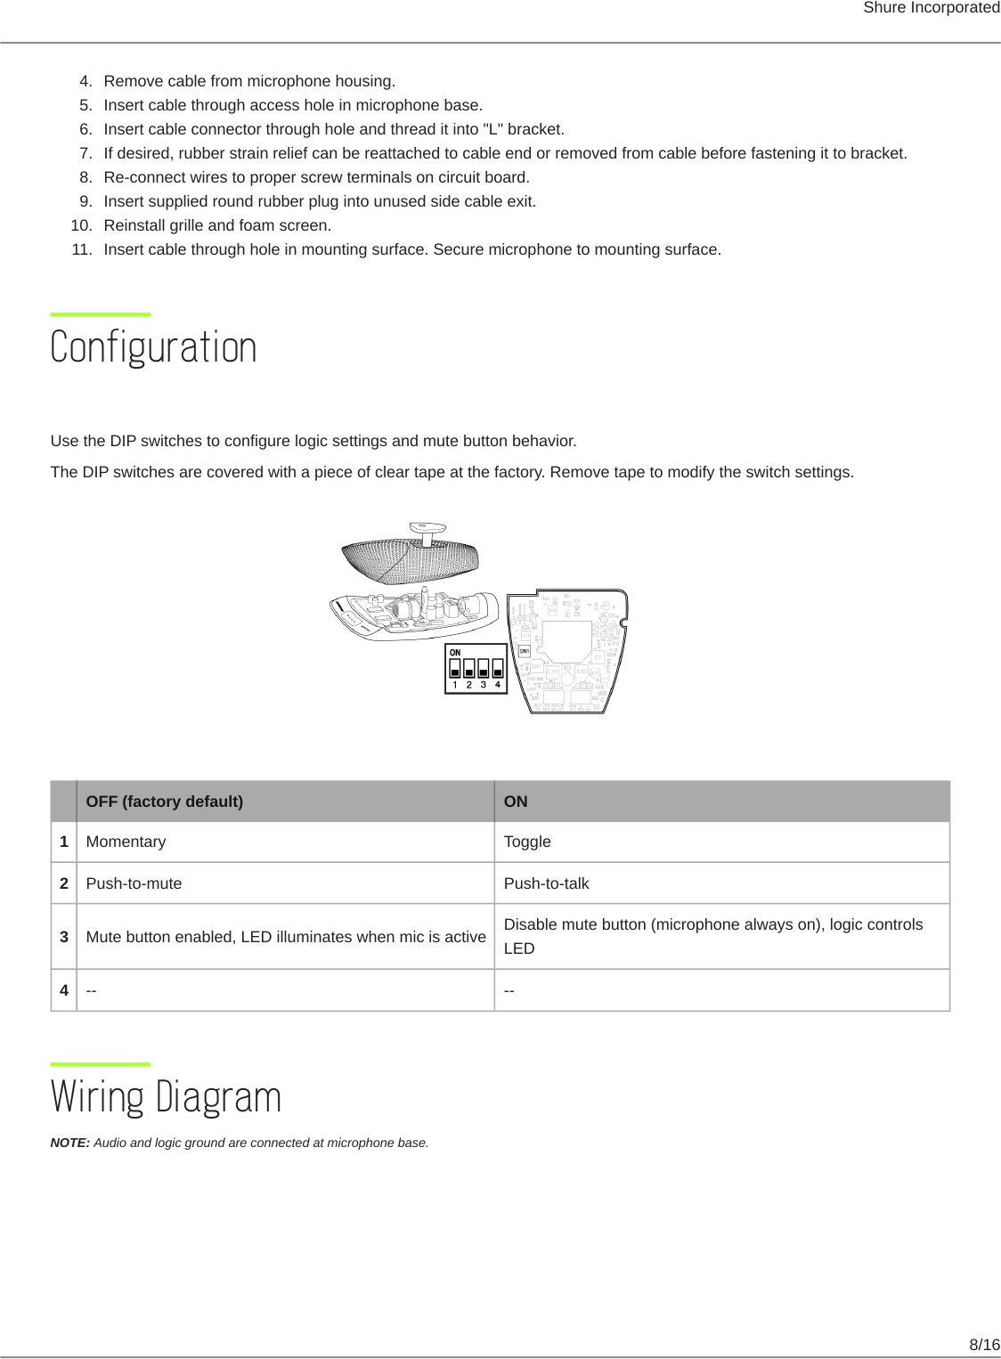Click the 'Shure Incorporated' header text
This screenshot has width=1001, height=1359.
931,8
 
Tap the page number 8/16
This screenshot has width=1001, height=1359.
984,1345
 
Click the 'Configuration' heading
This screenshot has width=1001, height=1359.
153,347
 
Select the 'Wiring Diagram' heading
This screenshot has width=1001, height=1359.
166,1096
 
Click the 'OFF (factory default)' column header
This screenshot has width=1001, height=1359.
164,802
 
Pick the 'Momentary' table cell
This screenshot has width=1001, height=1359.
126,842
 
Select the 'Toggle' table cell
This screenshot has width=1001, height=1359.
527,842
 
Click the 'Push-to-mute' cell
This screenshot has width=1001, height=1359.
134,883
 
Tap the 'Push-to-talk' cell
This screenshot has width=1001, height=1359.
546,883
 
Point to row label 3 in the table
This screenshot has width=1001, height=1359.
64,937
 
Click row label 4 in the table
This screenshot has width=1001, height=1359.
64,990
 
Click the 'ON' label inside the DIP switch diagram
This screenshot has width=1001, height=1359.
455,653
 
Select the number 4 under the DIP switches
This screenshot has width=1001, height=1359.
498,685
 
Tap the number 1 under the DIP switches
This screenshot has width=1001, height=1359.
455,685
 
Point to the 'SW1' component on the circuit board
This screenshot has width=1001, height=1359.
525,652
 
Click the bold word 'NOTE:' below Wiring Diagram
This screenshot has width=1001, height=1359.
70,1143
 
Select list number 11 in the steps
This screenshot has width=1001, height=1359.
82,249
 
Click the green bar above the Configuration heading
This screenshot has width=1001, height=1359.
101,314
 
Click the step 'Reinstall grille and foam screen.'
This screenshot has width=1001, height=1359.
217,225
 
